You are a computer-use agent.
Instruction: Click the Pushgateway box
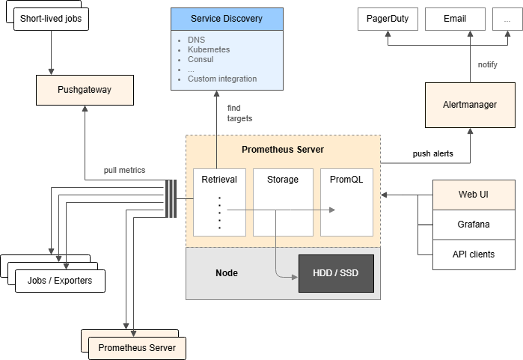tap(85, 91)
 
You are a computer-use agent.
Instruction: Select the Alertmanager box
tap(470, 105)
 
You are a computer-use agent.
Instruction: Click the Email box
tap(454, 19)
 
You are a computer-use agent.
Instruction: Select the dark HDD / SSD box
tap(336, 273)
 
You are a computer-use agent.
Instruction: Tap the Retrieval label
tap(219, 180)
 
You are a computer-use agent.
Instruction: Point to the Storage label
tap(283, 180)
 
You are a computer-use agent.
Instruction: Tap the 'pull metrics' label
tap(124, 171)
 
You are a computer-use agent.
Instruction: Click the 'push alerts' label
tap(432, 153)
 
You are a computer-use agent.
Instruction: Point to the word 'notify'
tap(488, 64)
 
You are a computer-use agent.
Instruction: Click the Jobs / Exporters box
tap(60, 281)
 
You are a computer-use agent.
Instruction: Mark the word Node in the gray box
tap(226, 273)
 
